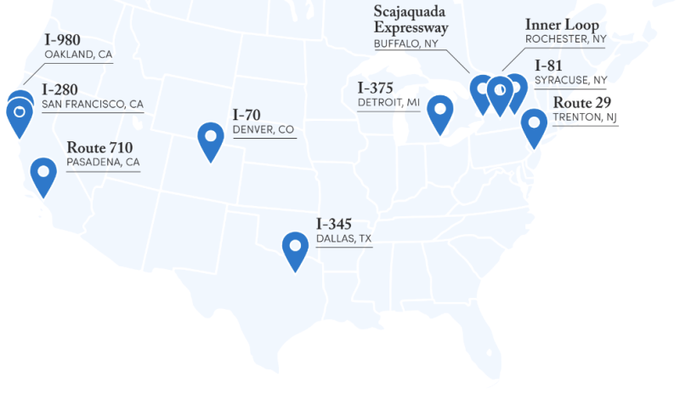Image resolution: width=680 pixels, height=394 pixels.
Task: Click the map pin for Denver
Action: pyautogui.click(x=210, y=138)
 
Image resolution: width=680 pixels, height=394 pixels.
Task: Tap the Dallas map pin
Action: pyautogui.click(x=295, y=248)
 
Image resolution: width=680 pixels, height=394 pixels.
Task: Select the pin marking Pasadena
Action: pyautogui.click(x=43, y=173)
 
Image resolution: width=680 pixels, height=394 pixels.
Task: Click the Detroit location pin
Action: pyautogui.click(x=439, y=111)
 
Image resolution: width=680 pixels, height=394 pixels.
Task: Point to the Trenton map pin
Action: pyautogui.click(x=534, y=125)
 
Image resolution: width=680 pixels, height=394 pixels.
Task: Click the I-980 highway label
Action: pyautogui.click(x=62, y=40)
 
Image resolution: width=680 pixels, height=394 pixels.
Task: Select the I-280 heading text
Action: pyautogui.click(x=60, y=89)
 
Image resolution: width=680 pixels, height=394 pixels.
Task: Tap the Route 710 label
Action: pyautogui.click(x=99, y=147)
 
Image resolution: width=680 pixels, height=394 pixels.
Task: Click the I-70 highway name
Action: pyautogui.click(x=246, y=115)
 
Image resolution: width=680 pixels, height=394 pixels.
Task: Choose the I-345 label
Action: pyautogui.click(x=334, y=224)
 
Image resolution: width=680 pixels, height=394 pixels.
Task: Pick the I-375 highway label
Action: pyautogui.click(x=377, y=88)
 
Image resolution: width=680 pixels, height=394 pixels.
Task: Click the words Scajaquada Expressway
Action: pyautogui.click(x=411, y=20)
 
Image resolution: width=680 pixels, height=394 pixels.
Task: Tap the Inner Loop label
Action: pyautogui.click(x=562, y=25)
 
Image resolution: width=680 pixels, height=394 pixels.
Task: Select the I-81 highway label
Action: pyautogui.click(x=548, y=66)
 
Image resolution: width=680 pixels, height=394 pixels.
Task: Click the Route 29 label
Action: pyautogui.click(x=581, y=103)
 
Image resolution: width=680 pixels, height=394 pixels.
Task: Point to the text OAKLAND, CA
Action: pyautogui.click(x=78, y=54)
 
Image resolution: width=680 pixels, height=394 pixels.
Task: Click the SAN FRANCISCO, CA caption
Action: pyautogui.click(x=93, y=105)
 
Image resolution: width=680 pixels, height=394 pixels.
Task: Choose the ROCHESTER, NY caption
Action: pyautogui.click(x=565, y=39)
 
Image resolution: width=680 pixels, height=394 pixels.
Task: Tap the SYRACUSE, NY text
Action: pyautogui.click(x=570, y=80)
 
